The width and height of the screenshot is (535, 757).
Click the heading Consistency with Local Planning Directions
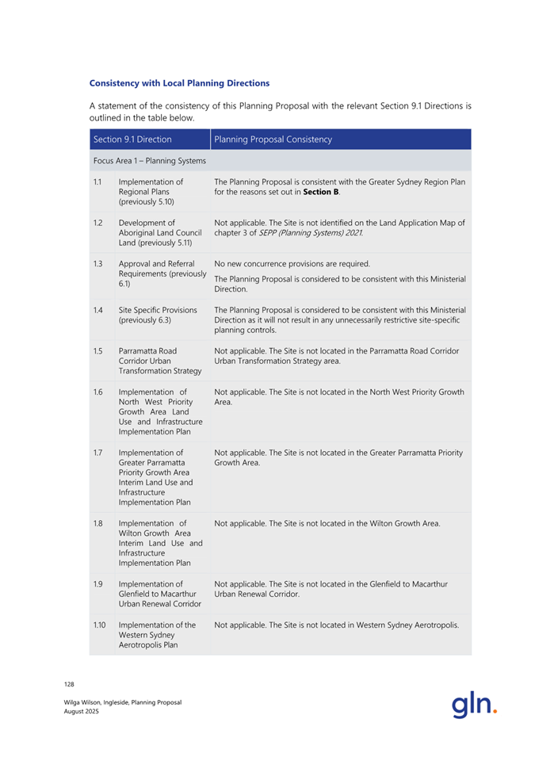[179, 82]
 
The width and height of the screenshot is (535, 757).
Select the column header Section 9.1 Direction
[132, 140]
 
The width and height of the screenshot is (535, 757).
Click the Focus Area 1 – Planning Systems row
[149, 161]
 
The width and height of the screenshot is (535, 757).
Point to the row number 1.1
[97, 182]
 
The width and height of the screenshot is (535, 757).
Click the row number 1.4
[97, 310]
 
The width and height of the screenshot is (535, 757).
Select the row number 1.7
[97, 453]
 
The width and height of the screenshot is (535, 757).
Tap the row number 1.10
[99, 625]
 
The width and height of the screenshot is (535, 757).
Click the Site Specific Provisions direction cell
[158, 315]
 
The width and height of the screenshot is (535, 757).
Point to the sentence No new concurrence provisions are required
[292, 263]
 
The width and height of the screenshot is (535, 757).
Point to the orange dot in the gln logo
[495, 710]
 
